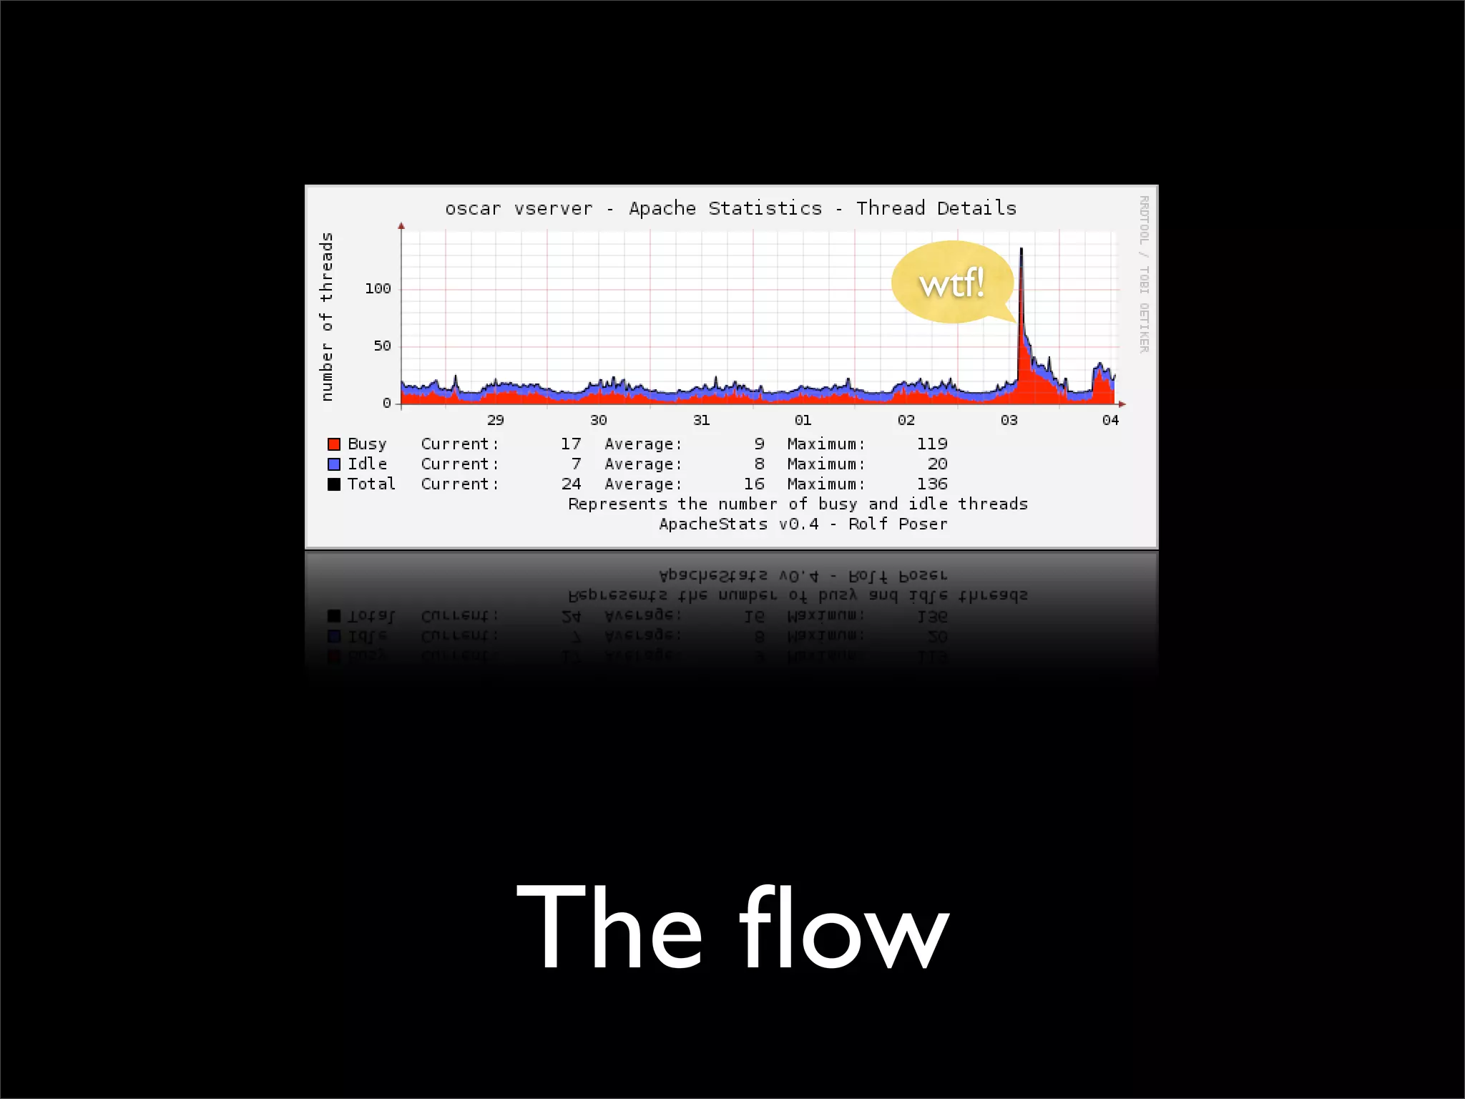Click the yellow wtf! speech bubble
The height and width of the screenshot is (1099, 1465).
click(x=952, y=283)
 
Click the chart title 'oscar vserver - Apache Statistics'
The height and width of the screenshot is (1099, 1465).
click(x=730, y=208)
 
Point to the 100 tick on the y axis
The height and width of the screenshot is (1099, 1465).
click(x=378, y=288)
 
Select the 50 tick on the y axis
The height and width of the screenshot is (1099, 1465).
click(x=382, y=346)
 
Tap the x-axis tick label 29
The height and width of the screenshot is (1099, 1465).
click(x=495, y=420)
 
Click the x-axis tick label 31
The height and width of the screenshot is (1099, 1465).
click(x=701, y=420)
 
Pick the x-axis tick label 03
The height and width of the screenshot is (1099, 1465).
click(x=1009, y=420)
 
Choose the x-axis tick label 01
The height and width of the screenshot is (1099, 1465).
click(x=803, y=420)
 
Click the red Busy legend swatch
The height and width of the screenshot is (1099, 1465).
click(x=334, y=444)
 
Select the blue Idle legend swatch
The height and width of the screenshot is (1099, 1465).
click(x=334, y=464)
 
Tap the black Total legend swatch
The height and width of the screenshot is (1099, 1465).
click(x=334, y=484)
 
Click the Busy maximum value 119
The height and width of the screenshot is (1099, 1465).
click(x=932, y=444)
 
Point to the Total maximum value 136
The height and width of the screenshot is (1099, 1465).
click(x=932, y=484)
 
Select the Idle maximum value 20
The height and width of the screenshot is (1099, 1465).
click(x=937, y=464)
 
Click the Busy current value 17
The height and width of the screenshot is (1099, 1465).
click(x=571, y=444)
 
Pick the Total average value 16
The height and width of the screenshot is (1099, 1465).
click(x=754, y=484)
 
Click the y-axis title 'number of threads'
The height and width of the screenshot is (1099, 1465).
click(x=327, y=316)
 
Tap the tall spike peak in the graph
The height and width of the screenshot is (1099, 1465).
click(x=1021, y=250)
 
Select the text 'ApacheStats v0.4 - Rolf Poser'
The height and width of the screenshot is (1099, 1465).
click(x=803, y=524)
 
